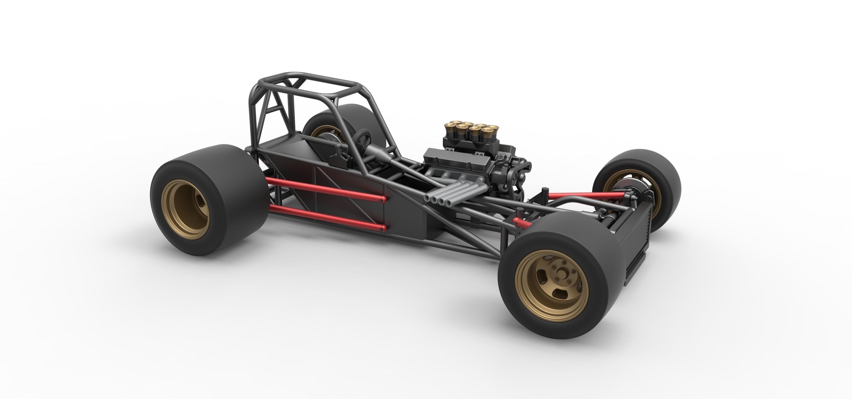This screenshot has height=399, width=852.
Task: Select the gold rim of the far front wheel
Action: [x=630, y=190]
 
